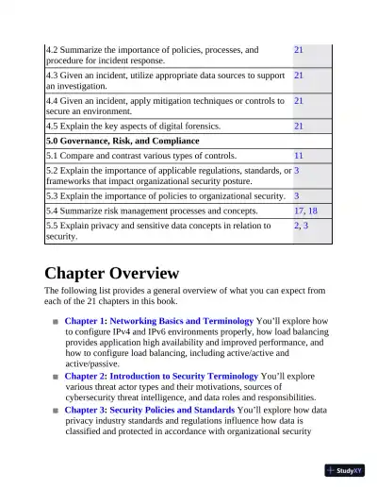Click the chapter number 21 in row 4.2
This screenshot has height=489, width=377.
tap(298, 49)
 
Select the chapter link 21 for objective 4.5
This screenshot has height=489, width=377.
tap(298, 126)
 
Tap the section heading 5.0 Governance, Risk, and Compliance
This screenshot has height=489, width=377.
tap(118, 141)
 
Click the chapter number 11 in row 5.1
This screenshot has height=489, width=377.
tap(298, 155)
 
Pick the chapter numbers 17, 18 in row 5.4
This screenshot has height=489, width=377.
tap(305, 211)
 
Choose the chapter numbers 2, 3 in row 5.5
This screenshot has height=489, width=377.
tap(301, 227)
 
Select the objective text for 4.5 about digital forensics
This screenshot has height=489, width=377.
tap(133, 126)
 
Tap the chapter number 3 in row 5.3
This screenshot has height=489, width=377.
tap(296, 195)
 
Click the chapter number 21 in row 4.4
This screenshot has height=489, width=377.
tap(298, 100)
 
